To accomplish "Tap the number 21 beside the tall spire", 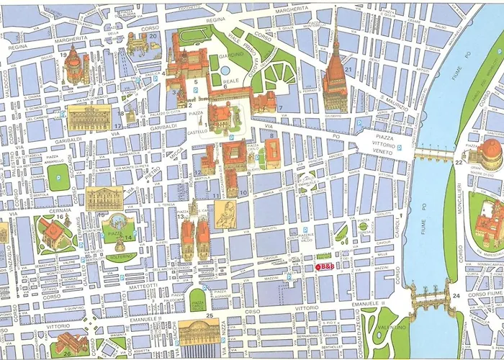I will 348,70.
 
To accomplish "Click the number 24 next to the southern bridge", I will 456,295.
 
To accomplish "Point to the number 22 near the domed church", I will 458,163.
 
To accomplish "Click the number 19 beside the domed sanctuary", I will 63,55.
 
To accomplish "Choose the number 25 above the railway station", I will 209,315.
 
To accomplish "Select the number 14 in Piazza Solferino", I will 128,238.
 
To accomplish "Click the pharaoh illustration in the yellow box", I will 223,213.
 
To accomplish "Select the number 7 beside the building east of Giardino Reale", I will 280,109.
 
